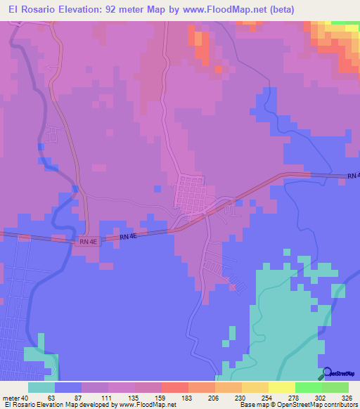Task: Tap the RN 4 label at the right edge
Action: point(353,175)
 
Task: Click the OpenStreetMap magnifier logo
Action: point(327,373)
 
